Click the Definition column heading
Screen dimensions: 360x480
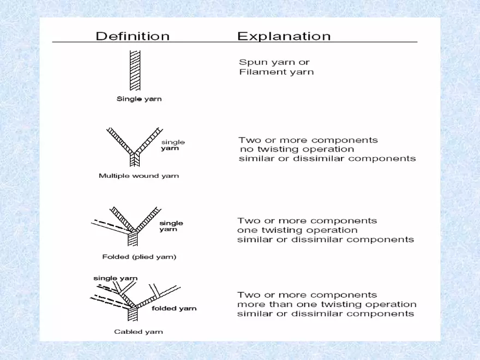tap(133, 37)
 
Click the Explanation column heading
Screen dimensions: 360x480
tap(284, 37)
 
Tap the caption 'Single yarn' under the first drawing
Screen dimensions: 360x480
tap(139, 99)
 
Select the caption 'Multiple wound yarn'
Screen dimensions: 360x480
tap(139, 176)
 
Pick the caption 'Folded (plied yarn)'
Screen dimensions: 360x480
tap(139, 256)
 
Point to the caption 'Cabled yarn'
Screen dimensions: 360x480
tap(138, 331)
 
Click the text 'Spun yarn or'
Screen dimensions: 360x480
tap(274, 62)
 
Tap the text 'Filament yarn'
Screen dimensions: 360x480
tap(277, 72)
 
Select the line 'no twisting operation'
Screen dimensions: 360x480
tap(297, 149)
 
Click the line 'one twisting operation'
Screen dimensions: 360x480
tap(297, 230)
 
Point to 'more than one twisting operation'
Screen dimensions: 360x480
tap(327, 304)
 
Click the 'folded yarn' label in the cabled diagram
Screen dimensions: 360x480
tap(174, 308)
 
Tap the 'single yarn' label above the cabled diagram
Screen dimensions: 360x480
tap(115, 278)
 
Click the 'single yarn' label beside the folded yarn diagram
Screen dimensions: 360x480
tap(171, 226)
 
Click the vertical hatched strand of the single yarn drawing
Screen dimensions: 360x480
tap(135, 71)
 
